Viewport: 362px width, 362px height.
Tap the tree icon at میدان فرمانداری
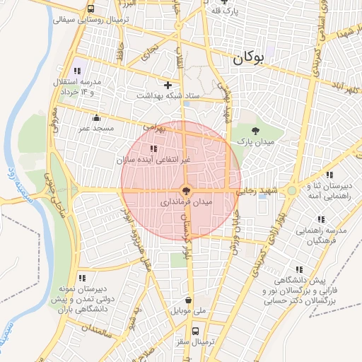pos(186,189)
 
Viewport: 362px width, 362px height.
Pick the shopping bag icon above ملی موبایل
pos(187,298)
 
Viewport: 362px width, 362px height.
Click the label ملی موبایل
pos(187,310)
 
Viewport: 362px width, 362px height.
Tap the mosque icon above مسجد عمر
pos(97,117)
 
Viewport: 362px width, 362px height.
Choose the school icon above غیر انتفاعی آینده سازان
pos(154,148)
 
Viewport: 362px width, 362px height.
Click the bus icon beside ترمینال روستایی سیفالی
pos(91,8)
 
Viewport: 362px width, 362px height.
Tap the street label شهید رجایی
pos(255,191)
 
